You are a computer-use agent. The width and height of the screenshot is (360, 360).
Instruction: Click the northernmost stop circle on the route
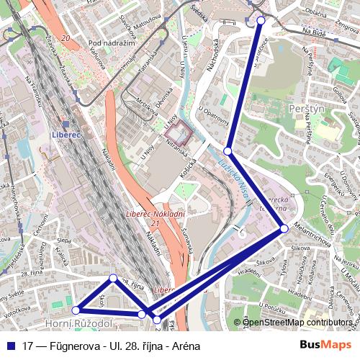pos(261,21)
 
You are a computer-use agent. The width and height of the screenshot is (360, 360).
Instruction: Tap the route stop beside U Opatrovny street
pos(228,151)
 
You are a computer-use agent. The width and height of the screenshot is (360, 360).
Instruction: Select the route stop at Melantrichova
pos(284,228)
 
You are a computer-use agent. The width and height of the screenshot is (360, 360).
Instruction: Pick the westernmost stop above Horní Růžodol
pos(76,310)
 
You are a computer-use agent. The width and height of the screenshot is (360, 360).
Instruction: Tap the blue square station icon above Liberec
pos(66,124)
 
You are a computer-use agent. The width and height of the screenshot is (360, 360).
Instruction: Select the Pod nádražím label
pos(112,43)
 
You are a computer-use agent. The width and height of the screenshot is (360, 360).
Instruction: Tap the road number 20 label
pos(66,37)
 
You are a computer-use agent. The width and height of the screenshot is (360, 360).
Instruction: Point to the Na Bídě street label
pos(314,32)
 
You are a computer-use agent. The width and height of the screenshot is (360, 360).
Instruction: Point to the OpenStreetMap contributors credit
pos(297,322)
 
